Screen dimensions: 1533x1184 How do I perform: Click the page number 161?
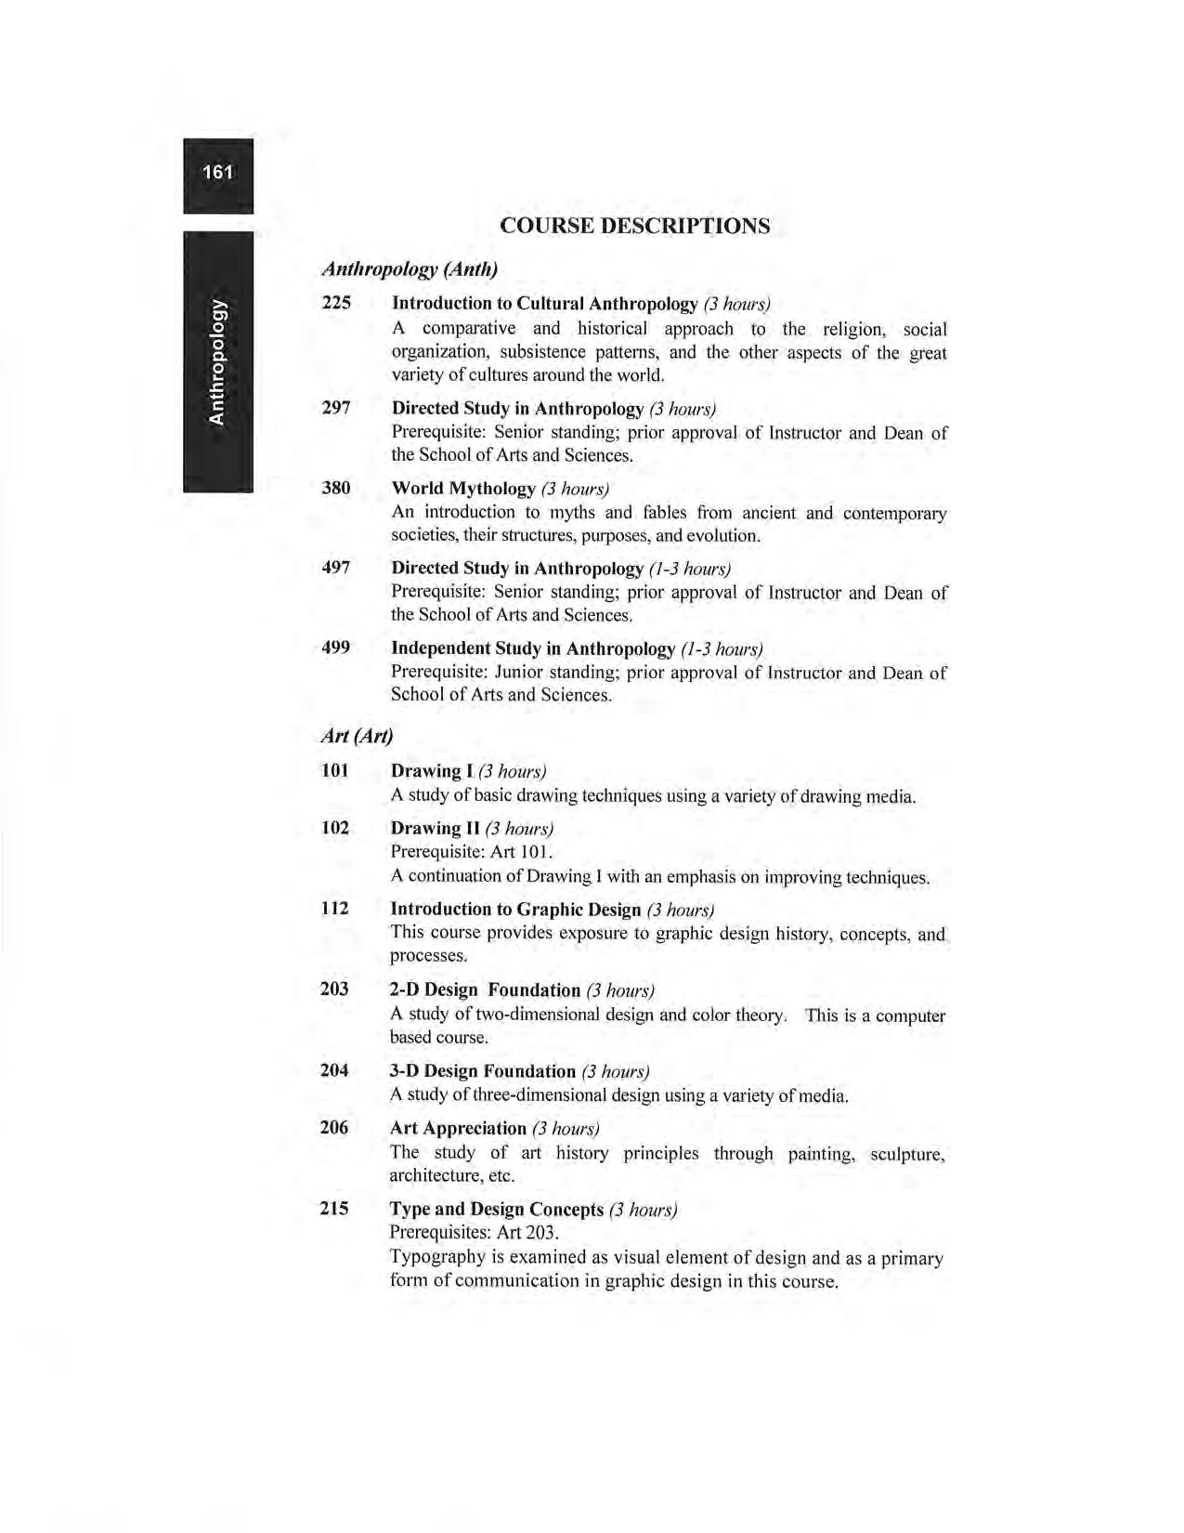pyautogui.click(x=217, y=173)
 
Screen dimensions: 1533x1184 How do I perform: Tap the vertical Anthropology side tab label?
pyautogui.click(x=217, y=360)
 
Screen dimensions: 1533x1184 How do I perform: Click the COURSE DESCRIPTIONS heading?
pyautogui.click(x=634, y=226)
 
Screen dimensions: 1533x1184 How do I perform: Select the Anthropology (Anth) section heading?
pyautogui.click(x=410, y=269)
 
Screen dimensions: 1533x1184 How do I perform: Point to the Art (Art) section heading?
pyautogui.click(x=357, y=736)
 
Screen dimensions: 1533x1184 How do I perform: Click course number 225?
pyautogui.click(x=336, y=303)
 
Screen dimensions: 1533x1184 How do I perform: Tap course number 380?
pyautogui.click(x=336, y=488)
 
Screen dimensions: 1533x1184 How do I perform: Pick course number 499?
pyautogui.click(x=336, y=648)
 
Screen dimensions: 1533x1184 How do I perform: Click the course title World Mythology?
pyautogui.click(x=463, y=489)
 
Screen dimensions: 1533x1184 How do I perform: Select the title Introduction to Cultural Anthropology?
pyautogui.click(x=544, y=304)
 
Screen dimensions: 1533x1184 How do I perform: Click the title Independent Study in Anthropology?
pyautogui.click(x=532, y=649)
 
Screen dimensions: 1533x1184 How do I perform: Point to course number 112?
pyautogui.click(x=334, y=909)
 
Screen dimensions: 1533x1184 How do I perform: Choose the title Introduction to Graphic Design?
pyautogui.click(x=515, y=910)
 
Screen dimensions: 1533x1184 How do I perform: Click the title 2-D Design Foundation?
pyautogui.click(x=485, y=990)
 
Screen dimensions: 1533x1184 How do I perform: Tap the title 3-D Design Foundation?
pyautogui.click(x=482, y=1071)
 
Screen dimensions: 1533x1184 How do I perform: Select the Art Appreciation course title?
pyautogui.click(x=458, y=1129)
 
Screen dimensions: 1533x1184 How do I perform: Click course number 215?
pyautogui.click(x=334, y=1209)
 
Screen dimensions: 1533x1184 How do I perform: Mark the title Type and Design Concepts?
pyautogui.click(x=497, y=1210)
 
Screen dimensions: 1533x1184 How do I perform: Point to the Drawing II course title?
pyautogui.click(x=435, y=828)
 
